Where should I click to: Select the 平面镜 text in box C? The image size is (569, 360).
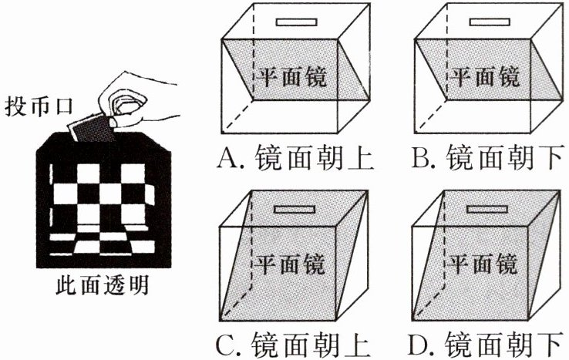[290, 263]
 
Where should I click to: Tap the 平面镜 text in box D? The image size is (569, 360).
[483, 263]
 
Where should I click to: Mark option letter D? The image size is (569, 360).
[423, 342]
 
